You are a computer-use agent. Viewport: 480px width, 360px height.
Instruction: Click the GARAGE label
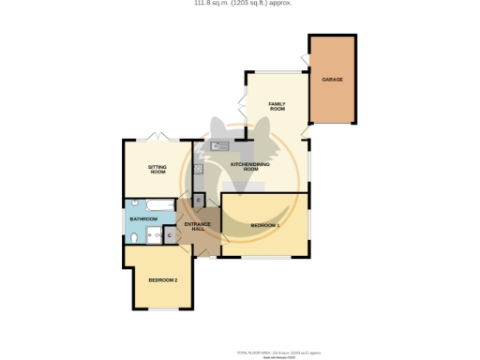click(x=332, y=80)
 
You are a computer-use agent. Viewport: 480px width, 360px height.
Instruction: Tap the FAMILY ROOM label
click(x=277, y=106)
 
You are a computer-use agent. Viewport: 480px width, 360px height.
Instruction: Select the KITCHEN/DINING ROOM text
click(x=250, y=166)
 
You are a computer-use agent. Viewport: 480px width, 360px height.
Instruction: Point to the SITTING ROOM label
click(x=157, y=170)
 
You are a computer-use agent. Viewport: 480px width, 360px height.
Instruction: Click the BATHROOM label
click(x=143, y=219)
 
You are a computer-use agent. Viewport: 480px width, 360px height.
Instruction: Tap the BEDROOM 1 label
click(x=265, y=226)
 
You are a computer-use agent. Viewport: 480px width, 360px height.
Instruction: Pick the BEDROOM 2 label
click(x=163, y=280)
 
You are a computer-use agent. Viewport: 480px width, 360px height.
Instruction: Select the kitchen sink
click(x=219, y=146)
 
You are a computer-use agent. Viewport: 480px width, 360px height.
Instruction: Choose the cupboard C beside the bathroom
click(x=168, y=235)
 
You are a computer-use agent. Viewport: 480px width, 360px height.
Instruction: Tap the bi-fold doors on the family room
click(x=243, y=104)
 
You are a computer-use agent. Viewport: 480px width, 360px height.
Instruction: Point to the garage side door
click(x=305, y=62)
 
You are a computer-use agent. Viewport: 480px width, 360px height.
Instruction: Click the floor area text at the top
click(x=240, y=4)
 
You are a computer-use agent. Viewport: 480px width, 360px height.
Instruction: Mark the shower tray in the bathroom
click(x=154, y=235)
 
